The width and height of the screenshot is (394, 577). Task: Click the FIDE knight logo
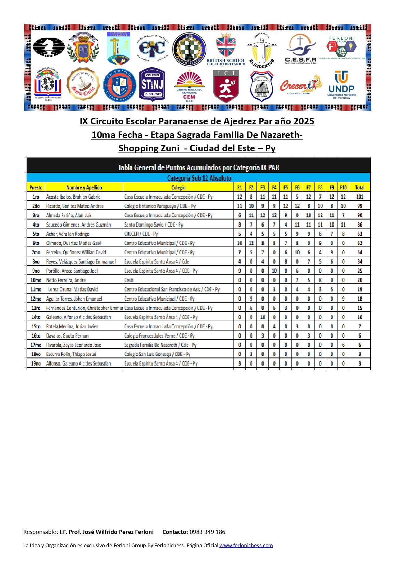[48, 47]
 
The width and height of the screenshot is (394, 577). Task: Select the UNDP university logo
[341, 85]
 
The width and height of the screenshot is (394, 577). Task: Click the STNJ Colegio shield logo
[152, 84]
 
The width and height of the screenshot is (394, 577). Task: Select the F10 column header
[343, 187]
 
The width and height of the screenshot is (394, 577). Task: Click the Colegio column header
[179, 187]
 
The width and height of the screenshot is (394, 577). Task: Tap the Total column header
[360, 187]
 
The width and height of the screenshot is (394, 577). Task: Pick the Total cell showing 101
[360, 197]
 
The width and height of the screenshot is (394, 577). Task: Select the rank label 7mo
[36, 252]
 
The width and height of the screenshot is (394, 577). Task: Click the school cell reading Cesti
[129, 280]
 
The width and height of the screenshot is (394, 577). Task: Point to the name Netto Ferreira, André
[66, 280]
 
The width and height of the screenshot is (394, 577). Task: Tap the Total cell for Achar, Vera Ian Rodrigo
[360, 234]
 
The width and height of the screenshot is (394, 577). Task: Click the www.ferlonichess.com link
[246, 545]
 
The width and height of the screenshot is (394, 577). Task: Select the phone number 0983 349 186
[207, 532]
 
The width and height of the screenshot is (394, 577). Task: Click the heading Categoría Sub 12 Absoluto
[199, 178]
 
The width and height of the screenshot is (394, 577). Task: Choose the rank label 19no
[36, 363]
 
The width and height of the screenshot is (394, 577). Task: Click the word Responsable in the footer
[40, 532]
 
